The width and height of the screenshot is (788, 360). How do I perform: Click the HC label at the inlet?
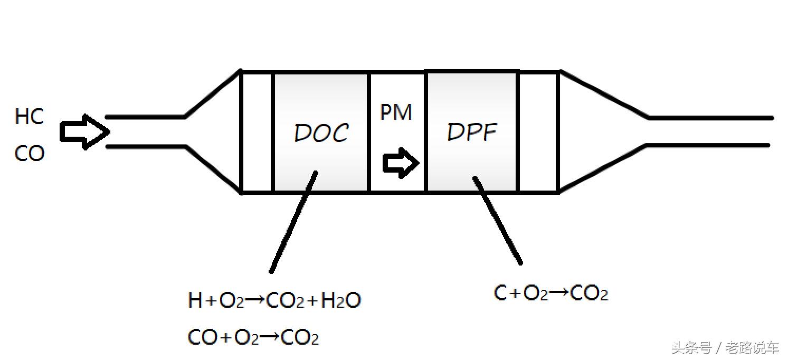click(x=29, y=117)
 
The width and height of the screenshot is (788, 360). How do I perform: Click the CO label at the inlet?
click(x=29, y=154)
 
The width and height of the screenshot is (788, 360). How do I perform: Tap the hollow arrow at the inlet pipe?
click(x=84, y=131)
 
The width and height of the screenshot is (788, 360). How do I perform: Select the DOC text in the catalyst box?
click(x=321, y=134)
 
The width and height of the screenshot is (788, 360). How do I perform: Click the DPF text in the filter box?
click(x=471, y=132)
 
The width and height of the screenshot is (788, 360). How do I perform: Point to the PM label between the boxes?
click(x=396, y=112)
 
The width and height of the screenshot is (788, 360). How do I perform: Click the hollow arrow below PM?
click(x=401, y=163)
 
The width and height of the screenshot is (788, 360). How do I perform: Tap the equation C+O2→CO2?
click(x=550, y=293)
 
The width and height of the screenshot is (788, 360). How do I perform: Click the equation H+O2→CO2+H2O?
click(x=274, y=301)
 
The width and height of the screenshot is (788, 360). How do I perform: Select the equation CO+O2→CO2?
click(x=253, y=337)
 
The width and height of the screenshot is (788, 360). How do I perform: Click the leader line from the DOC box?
click(x=293, y=222)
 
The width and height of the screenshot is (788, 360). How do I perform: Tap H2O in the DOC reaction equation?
click(x=341, y=301)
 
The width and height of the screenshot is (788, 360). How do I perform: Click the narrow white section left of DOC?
click(x=257, y=132)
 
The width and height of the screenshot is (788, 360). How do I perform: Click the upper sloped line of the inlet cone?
click(x=213, y=93)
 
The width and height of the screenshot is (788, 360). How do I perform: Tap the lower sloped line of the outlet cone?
click(x=604, y=169)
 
